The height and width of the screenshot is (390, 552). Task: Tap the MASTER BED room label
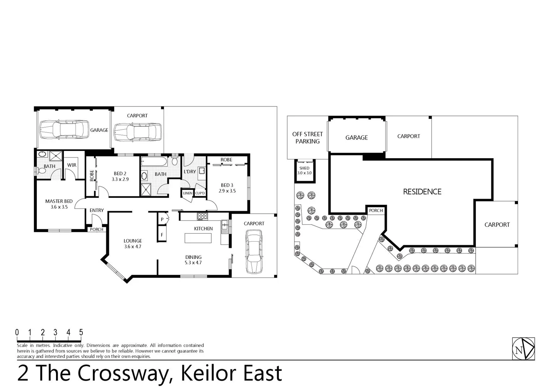[x=59, y=201]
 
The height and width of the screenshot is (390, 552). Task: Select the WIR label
[x=72, y=165]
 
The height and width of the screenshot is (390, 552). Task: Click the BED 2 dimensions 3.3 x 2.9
[x=120, y=179]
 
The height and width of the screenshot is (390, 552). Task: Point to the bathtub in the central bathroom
[x=154, y=161]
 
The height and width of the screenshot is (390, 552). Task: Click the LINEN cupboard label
[x=187, y=193]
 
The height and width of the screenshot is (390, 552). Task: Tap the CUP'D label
[x=200, y=193]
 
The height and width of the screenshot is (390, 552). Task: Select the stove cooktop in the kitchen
[x=202, y=216]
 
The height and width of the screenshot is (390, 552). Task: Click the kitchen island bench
[x=198, y=238]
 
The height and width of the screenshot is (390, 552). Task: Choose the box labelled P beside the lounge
[x=162, y=219]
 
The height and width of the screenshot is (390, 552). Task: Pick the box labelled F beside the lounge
[x=162, y=234]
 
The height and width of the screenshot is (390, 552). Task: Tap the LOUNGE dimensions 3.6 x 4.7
[x=133, y=247]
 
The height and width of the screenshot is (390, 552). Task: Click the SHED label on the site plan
[x=304, y=168]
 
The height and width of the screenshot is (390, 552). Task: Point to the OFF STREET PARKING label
[x=307, y=138]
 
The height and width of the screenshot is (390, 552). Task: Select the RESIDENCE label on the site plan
[x=422, y=192]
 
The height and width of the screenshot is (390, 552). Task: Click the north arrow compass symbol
[x=523, y=349]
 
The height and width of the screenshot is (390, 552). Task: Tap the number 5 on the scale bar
[x=81, y=333]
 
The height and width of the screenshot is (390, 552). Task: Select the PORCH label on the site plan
[x=376, y=211]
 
